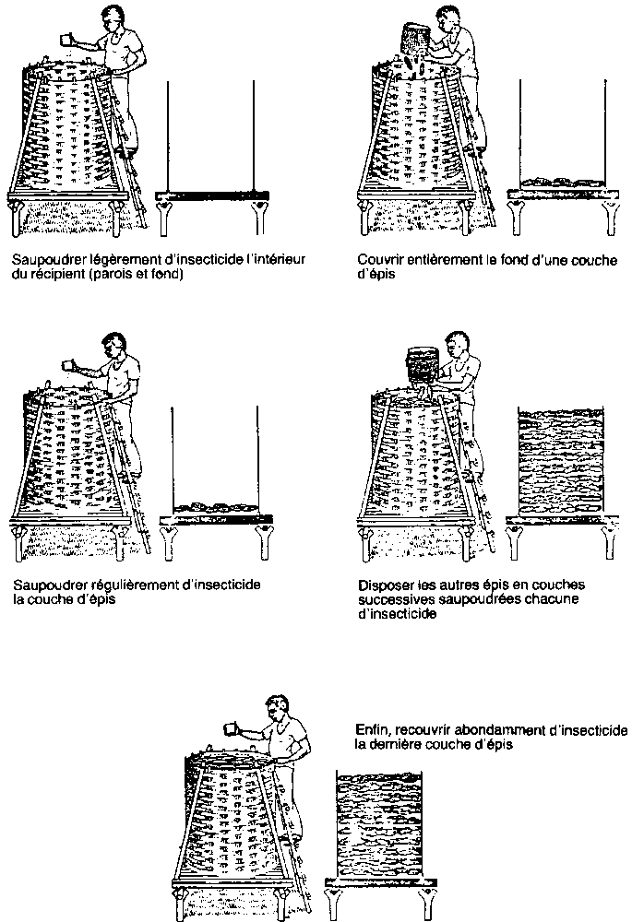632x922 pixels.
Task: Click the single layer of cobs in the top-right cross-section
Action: coord(557,183)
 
